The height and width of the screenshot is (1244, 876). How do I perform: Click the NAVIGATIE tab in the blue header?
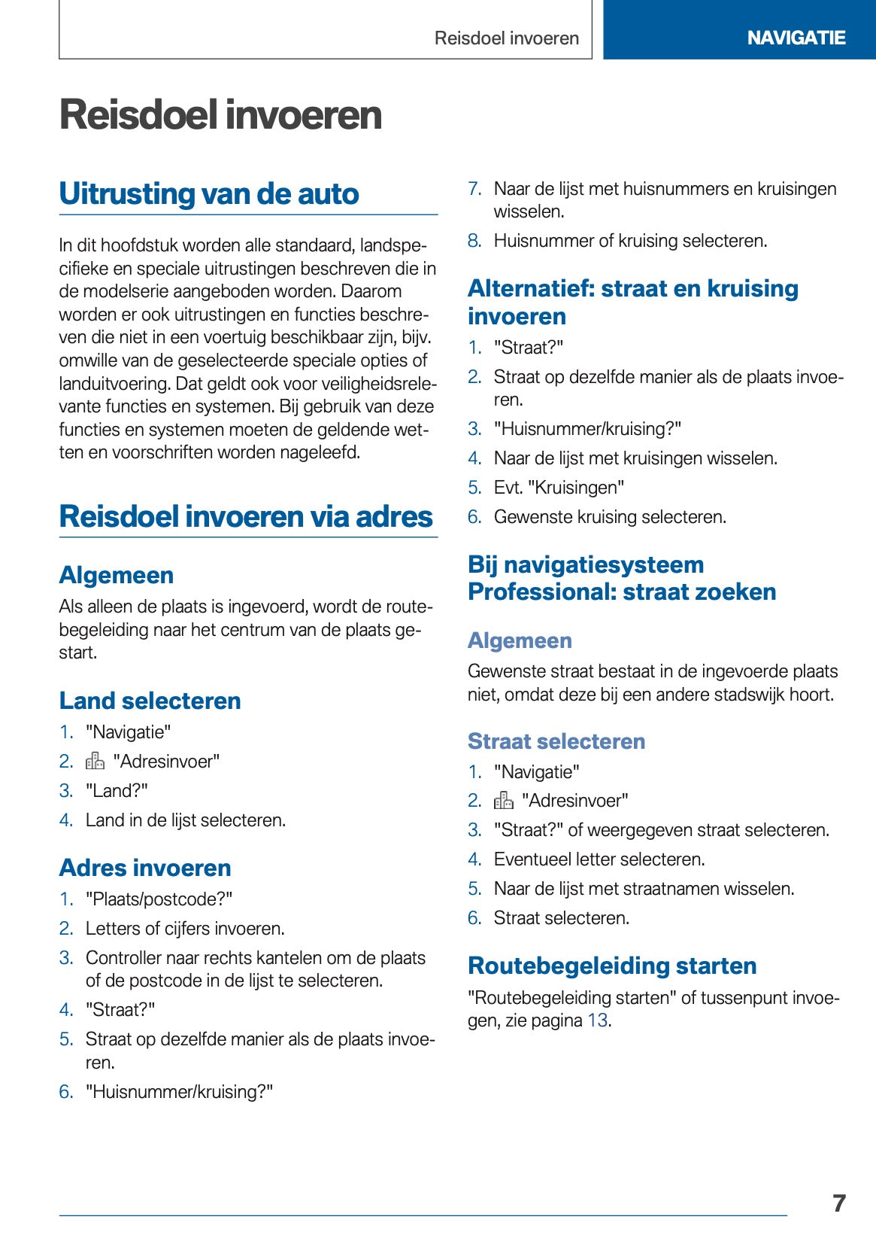(x=796, y=38)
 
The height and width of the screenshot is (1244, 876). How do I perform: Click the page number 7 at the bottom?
(x=839, y=1203)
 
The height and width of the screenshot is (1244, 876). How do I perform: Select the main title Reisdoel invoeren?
(x=220, y=115)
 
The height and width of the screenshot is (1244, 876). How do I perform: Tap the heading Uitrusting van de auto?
(x=209, y=193)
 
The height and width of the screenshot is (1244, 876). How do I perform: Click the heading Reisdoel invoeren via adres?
(x=246, y=516)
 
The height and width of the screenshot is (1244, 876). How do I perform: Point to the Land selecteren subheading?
(x=150, y=701)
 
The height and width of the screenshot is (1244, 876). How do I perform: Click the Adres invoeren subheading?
(x=145, y=868)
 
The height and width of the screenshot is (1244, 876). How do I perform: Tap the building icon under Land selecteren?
(x=95, y=762)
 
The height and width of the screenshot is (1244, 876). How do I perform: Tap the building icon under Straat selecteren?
(x=503, y=801)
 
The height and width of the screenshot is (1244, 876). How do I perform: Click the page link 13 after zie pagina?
(x=597, y=1020)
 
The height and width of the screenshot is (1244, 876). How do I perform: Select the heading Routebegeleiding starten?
(x=612, y=966)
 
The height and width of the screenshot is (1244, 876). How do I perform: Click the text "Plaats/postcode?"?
(x=159, y=899)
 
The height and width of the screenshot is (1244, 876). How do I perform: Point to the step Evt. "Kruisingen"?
(x=559, y=488)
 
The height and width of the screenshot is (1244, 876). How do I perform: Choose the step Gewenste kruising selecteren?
(x=610, y=517)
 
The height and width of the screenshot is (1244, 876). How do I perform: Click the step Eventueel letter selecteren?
(x=599, y=859)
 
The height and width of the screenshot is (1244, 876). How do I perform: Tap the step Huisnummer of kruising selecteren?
(x=630, y=241)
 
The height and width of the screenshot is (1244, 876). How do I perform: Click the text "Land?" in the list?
(x=117, y=791)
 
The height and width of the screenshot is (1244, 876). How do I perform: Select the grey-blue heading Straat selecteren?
(x=556, y=741)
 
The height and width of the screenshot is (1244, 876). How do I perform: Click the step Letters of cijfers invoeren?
(x=185, y=929)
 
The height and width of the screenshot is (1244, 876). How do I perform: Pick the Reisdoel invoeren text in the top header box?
(x=506, y=38)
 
